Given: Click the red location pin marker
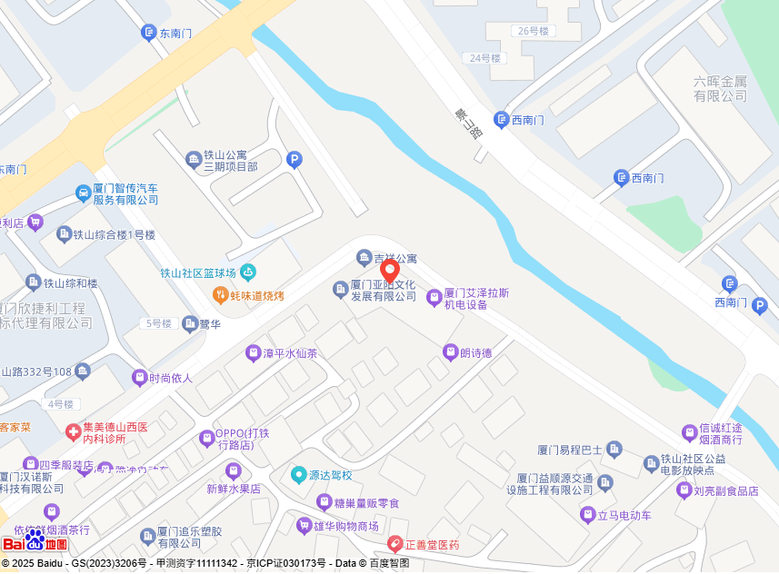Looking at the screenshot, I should [x=389, y=272].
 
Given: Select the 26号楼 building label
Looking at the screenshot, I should [x=534, y=31].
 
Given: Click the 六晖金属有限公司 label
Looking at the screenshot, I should [x=720, y=88].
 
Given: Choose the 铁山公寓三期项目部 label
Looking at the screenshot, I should [x=231, y=161].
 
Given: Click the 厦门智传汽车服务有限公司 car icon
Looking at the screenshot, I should [x=83, y=193].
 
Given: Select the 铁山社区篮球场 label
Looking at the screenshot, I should [x=198, y=272].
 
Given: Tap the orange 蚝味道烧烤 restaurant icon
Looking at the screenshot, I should [x=220, y=295].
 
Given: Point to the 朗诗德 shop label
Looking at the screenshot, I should [x=475, y=352].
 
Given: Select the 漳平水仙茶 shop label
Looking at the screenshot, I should [x=290, y=353].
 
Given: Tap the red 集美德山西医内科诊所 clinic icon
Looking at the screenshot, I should [x=73, y=431].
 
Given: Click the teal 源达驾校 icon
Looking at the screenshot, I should [x=298, y=474].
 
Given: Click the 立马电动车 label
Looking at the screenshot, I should [x=624, y=516].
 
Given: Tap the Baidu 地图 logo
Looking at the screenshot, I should [x=35, y=543].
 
